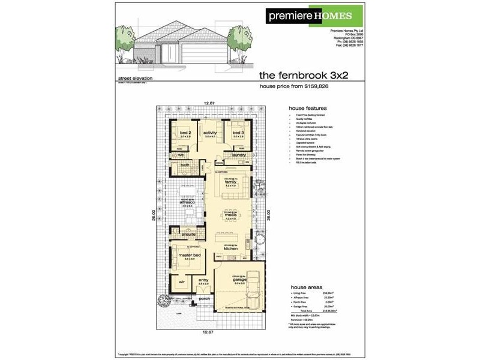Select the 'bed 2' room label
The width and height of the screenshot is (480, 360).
coord(185,133)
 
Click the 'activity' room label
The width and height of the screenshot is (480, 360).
coord(210,133)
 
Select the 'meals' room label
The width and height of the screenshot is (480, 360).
coord(232,215)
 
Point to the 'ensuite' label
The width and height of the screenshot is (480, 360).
coord(182,235)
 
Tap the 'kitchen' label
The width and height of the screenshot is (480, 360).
coord(232,248)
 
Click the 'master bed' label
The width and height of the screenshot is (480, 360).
coord(187,256)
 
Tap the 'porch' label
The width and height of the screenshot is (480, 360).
coord(204,298)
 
